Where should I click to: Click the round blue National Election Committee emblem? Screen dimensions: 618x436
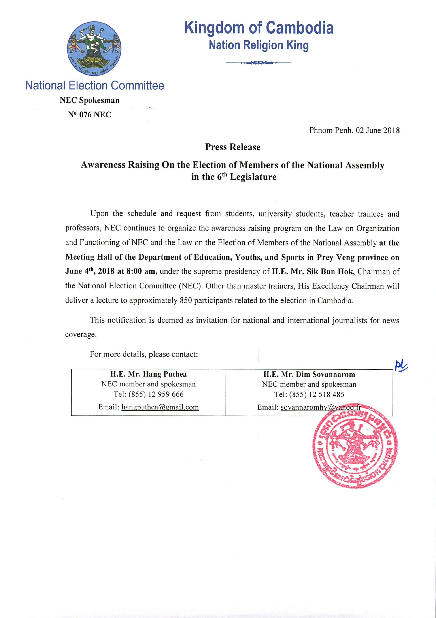click(x=94, y=49)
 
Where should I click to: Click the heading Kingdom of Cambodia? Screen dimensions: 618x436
click(x=259, y=28)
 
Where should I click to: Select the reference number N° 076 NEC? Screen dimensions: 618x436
click(x=89, y=115)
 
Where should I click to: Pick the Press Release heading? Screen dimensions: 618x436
click(x=233, y=147)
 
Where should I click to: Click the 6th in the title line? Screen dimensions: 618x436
click(x=222, y=177)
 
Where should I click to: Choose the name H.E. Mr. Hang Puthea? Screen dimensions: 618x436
click(x=148, y=374)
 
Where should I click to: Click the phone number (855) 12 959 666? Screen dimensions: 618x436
click(x=156, y=394)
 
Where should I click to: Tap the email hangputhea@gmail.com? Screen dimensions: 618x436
click(x=160, y=407)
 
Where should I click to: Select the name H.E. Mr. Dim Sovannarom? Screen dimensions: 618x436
click(x=309, y=374)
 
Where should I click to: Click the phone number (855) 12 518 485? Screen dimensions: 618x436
click(x=317, y=395)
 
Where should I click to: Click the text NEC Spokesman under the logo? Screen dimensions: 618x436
click(x=89, y=100)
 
